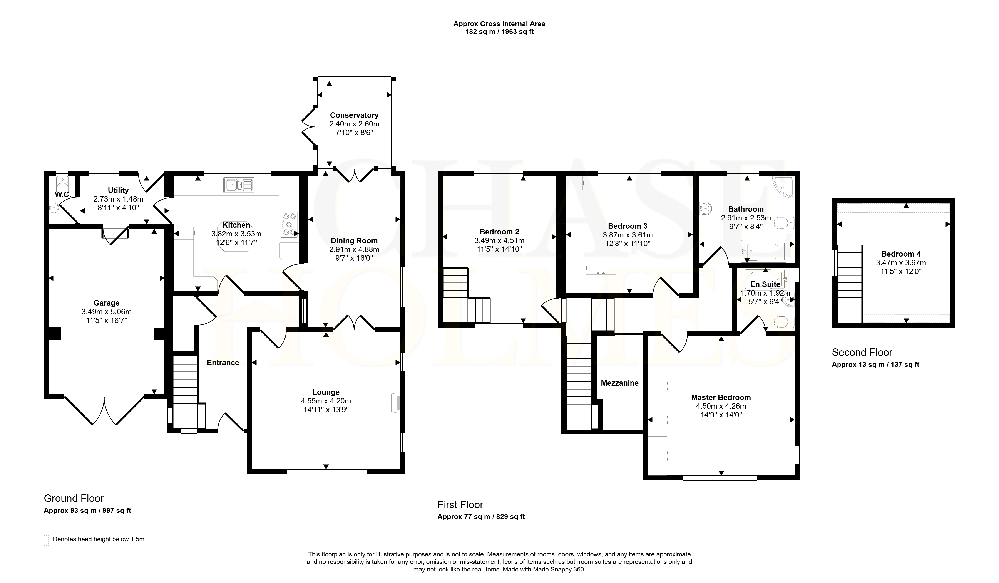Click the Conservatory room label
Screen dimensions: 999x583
pos(354,115)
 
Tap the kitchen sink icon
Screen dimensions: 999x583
pos(239,185)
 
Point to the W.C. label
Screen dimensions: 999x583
pos(63,194)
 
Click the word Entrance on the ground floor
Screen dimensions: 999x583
pos(223,363)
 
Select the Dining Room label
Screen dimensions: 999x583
pos(354,241)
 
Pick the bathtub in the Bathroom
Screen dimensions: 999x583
pos(763,251)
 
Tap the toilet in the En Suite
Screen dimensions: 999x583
pos(784,322)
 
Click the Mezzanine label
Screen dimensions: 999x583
pos(620,383)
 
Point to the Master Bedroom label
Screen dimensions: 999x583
pos(721,397)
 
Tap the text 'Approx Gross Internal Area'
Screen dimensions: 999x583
pos(499,24)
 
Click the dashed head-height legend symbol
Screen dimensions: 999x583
pos(46,540)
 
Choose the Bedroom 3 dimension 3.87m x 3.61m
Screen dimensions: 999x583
pos(628,235)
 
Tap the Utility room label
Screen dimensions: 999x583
pos(118,190)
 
